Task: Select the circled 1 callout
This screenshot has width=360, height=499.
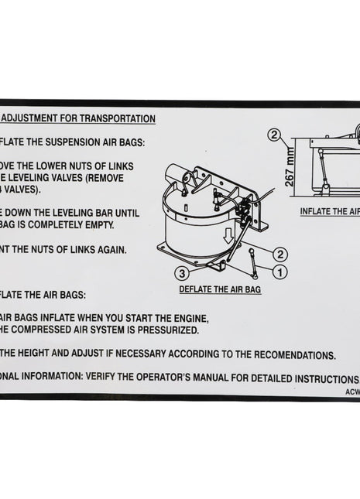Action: (280, 271)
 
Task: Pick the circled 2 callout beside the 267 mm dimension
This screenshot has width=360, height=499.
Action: (273, 134)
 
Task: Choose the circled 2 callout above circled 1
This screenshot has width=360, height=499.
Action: (280, 253)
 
